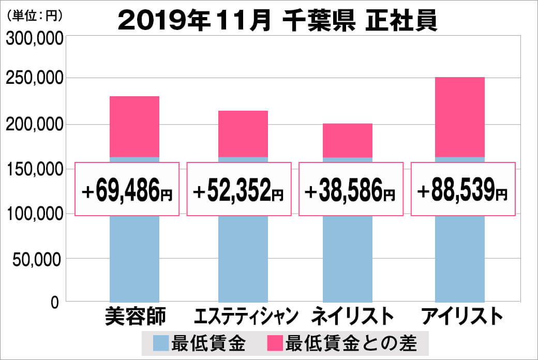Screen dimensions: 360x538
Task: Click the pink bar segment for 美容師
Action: (x=134, y=126)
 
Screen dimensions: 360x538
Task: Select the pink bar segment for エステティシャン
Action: (x=243, y=133)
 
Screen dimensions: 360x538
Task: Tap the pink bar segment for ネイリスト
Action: (x=348, y=140)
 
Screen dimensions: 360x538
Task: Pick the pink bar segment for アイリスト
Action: (x=460, y=117)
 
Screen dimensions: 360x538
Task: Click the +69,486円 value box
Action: (x=127, y=189)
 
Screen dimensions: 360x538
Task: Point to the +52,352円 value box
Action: (x=238, y=189)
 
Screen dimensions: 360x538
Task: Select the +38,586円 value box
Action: (x=350, y=189)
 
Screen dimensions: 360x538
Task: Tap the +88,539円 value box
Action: (x=463, y=189)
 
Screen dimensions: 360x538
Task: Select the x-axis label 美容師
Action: (x=134, y=316)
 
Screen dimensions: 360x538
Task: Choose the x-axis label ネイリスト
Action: (x=349, y=316)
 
